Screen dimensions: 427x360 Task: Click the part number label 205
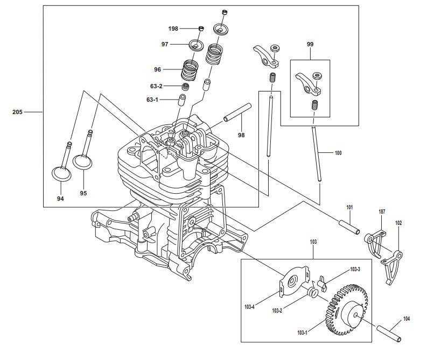coord(17,112)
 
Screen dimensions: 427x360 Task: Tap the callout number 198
coord(173,29)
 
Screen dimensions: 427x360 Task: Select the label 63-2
coord(156,86)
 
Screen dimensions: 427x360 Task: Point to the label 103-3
coord(355,269)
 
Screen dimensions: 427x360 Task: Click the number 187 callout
coord(382,211)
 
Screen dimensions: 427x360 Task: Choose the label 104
coord(407,319)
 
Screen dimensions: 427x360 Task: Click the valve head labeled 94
coord(61,174)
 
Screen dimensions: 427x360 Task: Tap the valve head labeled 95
coord(82,161)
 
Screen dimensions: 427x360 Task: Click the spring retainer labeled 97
coord(197,45)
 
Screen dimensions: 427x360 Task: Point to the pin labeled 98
coord(237,112)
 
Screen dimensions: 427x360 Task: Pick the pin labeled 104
coord(389,333)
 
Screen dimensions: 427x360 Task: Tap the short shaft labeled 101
coord(349,227)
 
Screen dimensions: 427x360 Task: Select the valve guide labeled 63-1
coord(181,101)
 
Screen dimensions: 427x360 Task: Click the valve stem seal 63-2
coord(186,87)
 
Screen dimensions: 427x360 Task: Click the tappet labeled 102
coord(392,266)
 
